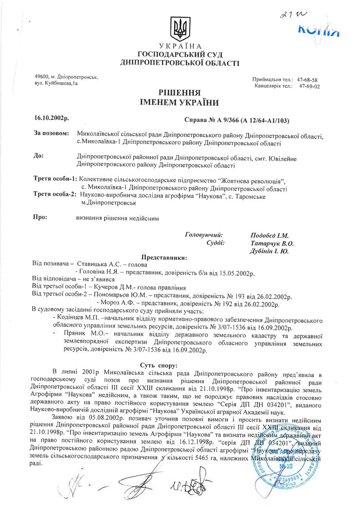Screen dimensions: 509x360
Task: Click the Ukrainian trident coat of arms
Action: (180, 28)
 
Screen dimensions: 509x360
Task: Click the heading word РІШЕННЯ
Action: (180, 92)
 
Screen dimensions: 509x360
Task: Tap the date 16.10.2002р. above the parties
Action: (52, 118)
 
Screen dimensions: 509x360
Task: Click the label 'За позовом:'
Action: (51, 133)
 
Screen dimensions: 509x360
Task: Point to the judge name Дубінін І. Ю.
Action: (270, 251)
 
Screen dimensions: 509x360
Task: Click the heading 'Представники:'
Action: (164, 257)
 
